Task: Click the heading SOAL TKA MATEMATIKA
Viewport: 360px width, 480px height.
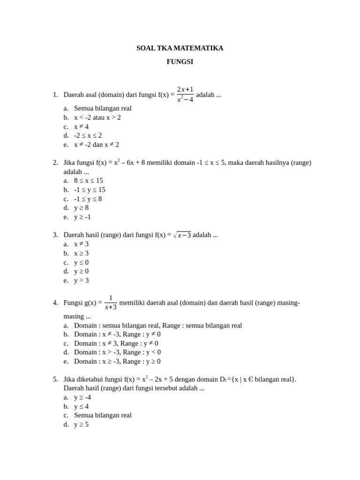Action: coord(180,48)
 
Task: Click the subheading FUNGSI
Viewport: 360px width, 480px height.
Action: coord(180,61)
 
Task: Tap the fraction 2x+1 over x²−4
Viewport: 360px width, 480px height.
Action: coord(185,94)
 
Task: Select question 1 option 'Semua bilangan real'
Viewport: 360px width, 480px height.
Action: coord(103,108)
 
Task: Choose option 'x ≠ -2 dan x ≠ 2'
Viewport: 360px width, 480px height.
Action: coord(97,144)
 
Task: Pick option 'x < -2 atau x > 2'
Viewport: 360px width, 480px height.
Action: coord(97,117)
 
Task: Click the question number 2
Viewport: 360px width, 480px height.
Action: coord(55,163)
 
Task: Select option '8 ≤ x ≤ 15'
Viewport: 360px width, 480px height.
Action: coord(89,180)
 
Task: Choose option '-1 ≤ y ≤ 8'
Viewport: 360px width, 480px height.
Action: coord(88,199)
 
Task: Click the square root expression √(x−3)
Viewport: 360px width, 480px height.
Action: coord(182,235)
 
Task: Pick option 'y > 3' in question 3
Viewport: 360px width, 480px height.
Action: coord(81,280)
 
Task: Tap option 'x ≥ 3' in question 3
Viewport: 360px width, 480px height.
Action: coord(81,253)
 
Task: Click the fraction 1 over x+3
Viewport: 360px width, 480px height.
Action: coord(111,302)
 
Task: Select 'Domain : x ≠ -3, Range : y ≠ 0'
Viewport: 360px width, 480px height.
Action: coord(117,334)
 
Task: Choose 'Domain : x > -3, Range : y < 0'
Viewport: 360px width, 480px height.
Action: coord(117,352)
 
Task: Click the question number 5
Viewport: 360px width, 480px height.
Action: coord(55,379)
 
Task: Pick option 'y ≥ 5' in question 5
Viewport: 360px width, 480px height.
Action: coord(81,424)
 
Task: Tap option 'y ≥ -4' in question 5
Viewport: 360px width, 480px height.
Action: coord(82,397)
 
